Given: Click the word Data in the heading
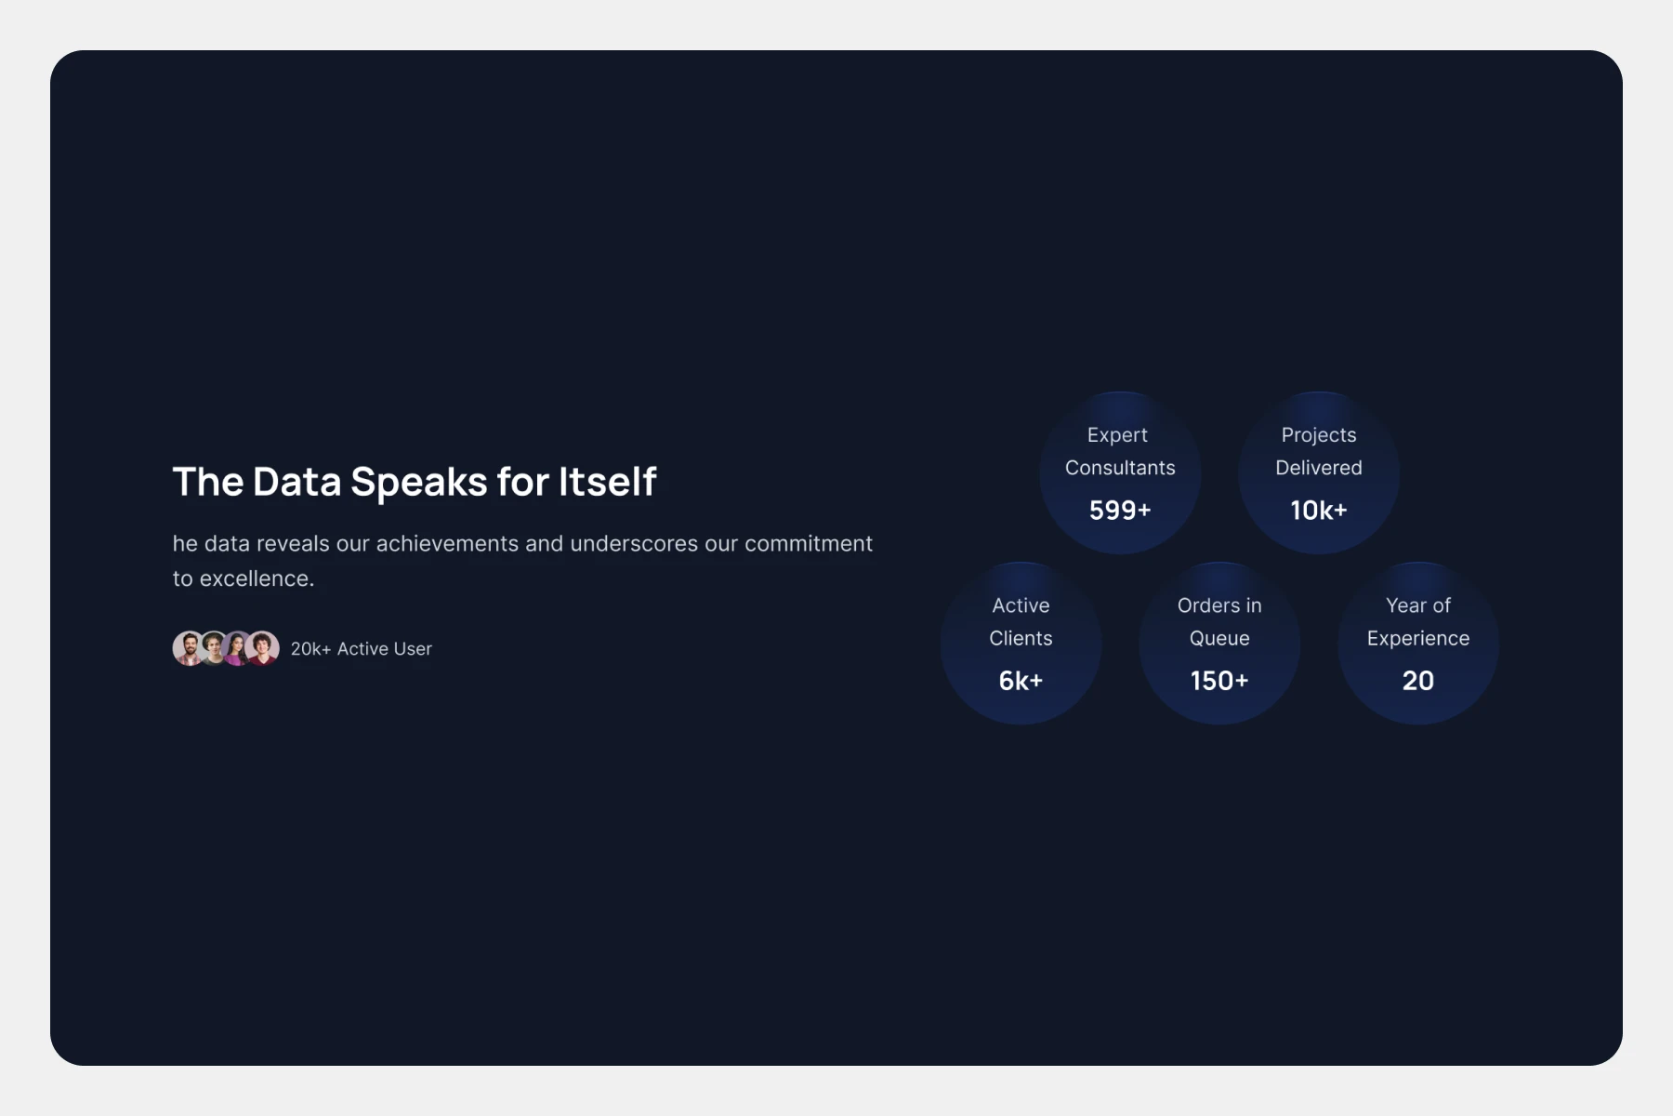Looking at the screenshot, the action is point(296,482).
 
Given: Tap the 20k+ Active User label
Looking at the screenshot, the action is point(361,649).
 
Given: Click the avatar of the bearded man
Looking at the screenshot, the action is point(189,648).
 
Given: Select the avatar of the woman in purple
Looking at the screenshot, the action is point(238,648).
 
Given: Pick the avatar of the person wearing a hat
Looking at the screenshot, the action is point(214,648).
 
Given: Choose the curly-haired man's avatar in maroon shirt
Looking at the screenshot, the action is point(262,648).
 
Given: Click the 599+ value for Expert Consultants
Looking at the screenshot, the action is point(1120,511).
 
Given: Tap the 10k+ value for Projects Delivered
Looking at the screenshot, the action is point(1319,511).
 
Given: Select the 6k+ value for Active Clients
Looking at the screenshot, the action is point(1021,681).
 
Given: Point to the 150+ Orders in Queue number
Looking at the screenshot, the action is point(1219,681).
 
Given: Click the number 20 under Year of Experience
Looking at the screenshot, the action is point(1418,681).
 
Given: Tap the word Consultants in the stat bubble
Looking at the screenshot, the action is point(1120,468).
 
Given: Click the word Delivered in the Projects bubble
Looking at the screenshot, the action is point(1319,468).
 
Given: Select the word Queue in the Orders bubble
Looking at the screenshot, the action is point(1219,639).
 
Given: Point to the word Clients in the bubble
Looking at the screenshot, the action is point(1021,638).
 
